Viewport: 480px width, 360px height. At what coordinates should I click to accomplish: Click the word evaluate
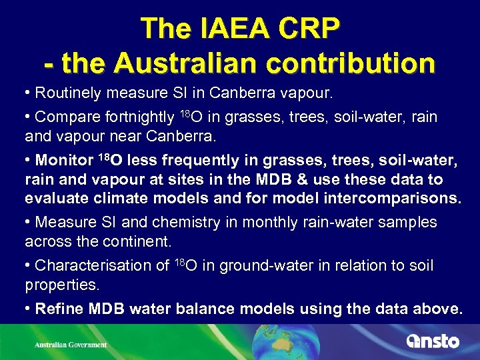[x=55, y=198]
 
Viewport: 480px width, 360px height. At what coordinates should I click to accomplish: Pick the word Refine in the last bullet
[x=57, y=309]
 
